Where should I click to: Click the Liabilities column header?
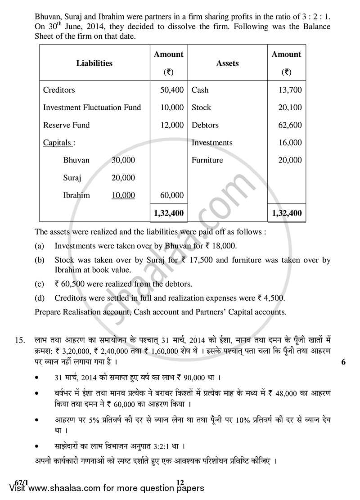point(94,63)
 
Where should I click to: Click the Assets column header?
point(227,63)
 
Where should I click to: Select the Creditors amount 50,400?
point(171,90)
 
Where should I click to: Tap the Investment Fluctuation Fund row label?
point(92,108)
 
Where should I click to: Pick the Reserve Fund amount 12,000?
point(171,125)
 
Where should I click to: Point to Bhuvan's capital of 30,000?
point(123,160)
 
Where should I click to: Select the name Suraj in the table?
point(72,178)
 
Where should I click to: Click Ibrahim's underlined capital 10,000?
point(123,195)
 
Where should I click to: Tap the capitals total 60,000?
point(171,195)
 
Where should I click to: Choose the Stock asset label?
point(201,108)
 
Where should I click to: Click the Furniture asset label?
point(207,160)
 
